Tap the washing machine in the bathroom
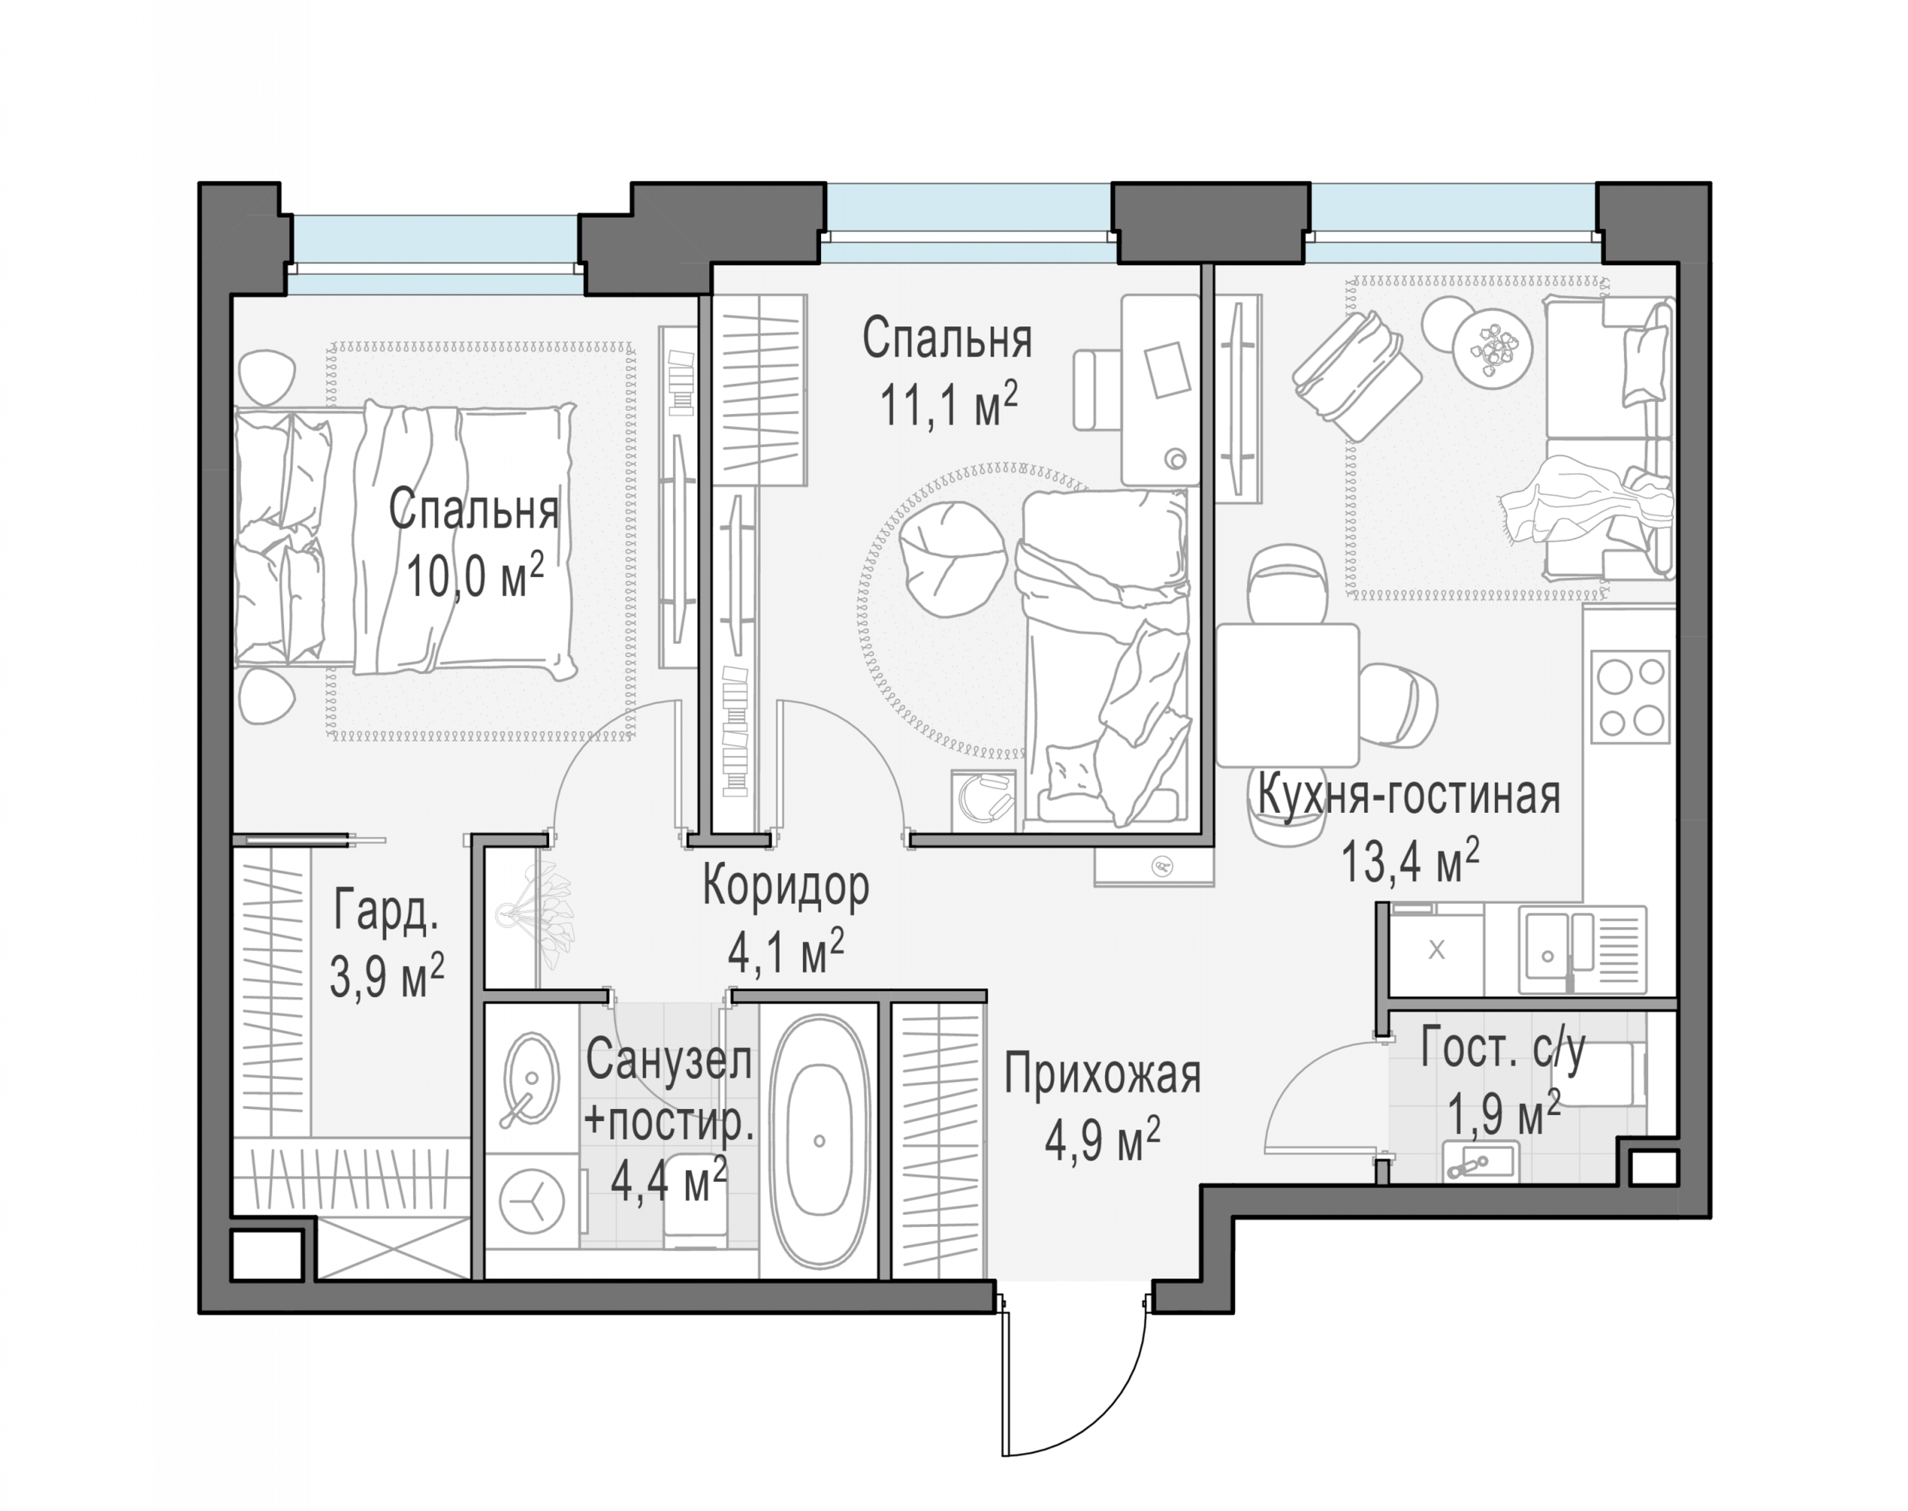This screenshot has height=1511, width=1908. [x=533, y=1202]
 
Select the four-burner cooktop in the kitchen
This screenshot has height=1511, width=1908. [x=1630, y=697]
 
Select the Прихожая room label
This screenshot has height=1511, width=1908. [x=1102, y=1076]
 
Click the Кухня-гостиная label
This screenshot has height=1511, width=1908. [x=1408, y=795]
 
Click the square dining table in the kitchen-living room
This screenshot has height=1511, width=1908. [x=1287, y=694]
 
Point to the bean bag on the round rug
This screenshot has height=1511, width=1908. [x=953, y=559]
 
